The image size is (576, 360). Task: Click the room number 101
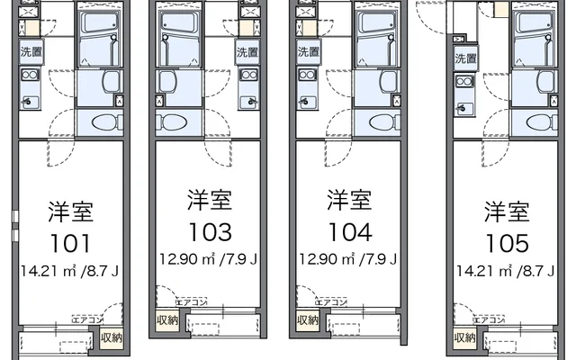[70, 244]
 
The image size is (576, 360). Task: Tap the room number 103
[210, 232]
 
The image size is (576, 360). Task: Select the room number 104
[350, 232]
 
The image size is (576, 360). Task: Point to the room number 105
[508, 244]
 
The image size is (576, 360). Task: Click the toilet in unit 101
[108, 122]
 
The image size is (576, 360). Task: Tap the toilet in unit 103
[172, 122]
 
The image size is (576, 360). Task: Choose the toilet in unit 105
[542, 122]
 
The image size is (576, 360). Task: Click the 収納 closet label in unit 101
[112, 337]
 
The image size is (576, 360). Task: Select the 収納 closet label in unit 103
[167, 320]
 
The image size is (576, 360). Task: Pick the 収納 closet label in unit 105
[465, 337]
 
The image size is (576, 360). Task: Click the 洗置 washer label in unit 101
[31, 51]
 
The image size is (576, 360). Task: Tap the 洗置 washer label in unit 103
[247, 52]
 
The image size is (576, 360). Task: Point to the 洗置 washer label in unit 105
[466, 58]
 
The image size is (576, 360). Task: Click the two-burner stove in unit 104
[307, 76]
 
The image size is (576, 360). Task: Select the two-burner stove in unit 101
[30, 76]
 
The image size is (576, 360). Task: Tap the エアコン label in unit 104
[331, 302]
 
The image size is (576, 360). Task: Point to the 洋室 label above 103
[210, 200]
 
